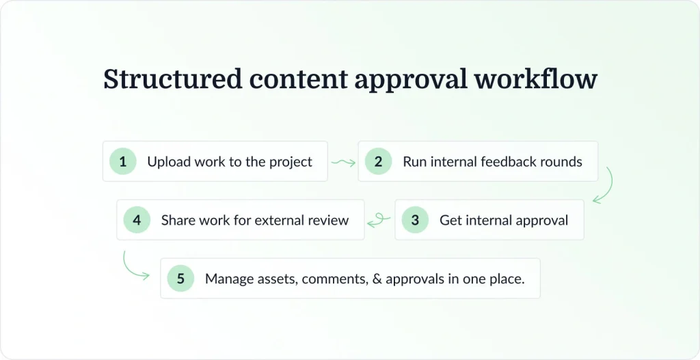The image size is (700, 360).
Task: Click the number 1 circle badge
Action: [123, 162]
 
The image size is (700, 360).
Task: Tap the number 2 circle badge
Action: [378, 162]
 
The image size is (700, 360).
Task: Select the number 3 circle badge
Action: [415, 220]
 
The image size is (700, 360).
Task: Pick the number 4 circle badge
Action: [137, 220]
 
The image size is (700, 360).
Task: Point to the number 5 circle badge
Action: [180, 279]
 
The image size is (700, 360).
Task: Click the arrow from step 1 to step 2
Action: [343, 163]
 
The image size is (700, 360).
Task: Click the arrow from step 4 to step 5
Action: [134, 267]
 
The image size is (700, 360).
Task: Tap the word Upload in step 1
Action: [168, 163]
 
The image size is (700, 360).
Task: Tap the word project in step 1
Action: [290, 163]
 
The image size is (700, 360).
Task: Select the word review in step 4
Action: [330, 220]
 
